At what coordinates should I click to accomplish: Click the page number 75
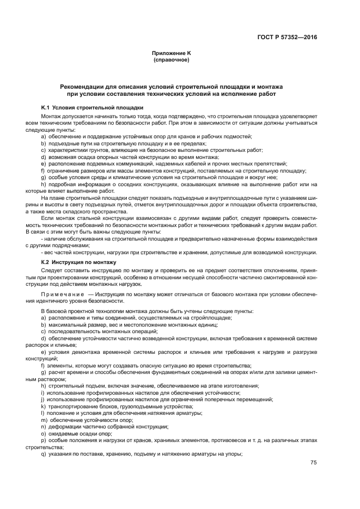point(314,463)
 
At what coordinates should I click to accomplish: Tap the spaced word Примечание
point(63,294)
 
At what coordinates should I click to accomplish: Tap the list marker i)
point(42,392)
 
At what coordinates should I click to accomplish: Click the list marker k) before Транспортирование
point(43,406)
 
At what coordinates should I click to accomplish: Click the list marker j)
point(42,399)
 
